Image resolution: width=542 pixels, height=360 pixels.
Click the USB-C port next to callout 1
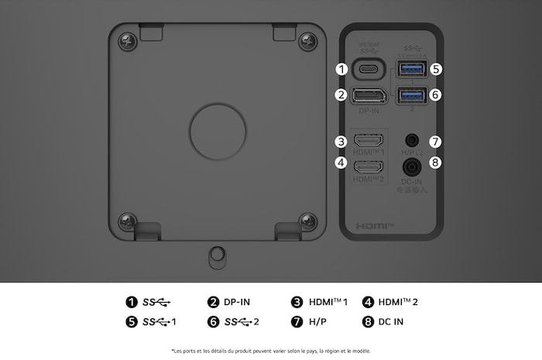coord(369,69)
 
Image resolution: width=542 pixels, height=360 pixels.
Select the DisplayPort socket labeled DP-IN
coord(369,96)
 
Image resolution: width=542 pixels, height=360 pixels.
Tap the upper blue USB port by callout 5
coord(410,69)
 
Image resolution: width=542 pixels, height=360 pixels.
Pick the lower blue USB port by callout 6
coord(410,95)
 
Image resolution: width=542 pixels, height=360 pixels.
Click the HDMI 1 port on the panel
coord(369,142)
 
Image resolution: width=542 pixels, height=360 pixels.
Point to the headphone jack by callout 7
coord(411,141)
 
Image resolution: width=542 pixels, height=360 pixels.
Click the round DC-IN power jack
coord(411,165)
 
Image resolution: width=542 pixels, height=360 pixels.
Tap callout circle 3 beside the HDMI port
coord(341,142)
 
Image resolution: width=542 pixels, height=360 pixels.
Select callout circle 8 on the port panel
coord(436,163)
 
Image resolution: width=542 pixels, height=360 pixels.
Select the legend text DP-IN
coord(237,302)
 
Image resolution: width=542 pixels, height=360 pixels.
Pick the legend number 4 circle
coord(368,302)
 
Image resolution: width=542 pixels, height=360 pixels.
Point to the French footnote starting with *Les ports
coord(271,351)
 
